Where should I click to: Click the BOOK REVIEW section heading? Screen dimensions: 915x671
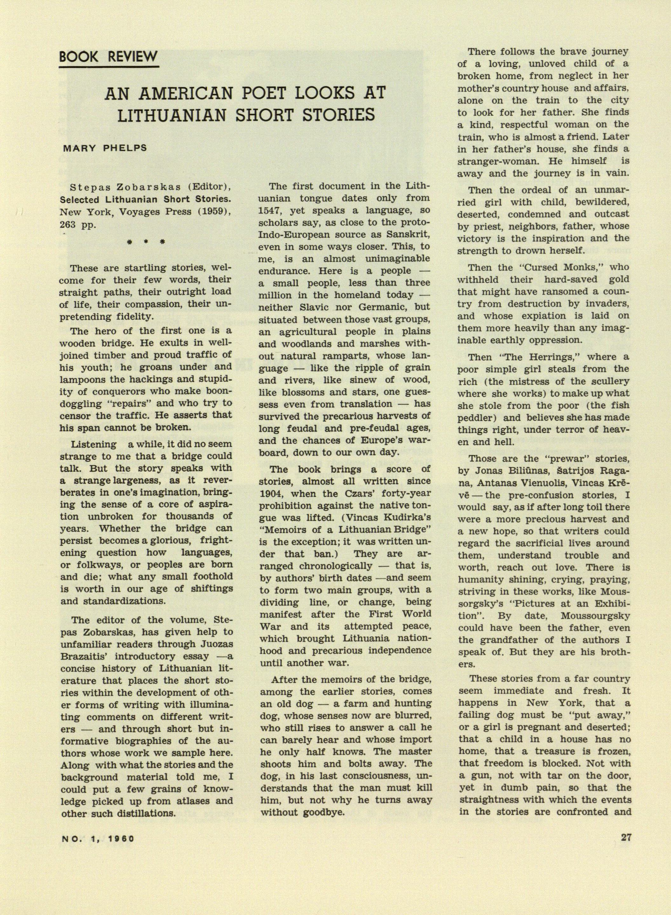pos(108,57)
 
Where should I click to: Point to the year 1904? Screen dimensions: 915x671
pos(270,493)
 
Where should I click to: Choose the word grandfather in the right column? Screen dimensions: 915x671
pos(508,640)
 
